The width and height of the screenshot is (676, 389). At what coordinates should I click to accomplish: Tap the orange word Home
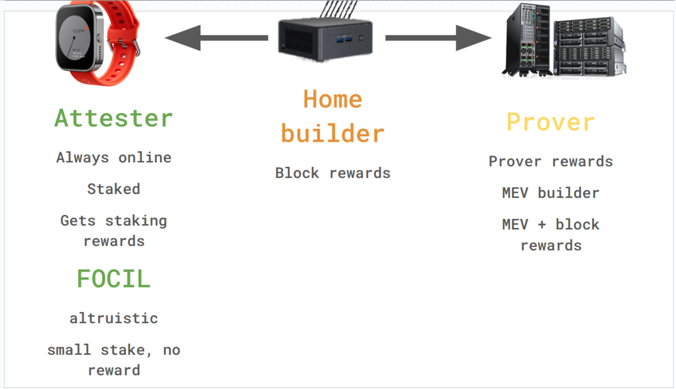(333, 99)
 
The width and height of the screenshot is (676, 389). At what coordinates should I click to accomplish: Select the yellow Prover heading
(551, 122)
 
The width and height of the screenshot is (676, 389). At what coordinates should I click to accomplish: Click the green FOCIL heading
(114, 279)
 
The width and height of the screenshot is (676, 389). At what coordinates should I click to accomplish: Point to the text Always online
(114, 157)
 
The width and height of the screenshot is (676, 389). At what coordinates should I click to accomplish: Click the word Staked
(114, 189)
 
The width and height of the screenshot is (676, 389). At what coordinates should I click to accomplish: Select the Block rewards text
(333, 173)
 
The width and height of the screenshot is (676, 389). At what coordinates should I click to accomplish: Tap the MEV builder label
(551, 193)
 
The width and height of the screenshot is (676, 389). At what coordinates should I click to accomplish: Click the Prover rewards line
(551, 161)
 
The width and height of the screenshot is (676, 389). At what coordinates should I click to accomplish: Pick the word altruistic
(114, 318)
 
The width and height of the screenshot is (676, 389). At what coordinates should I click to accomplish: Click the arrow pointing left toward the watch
(216, 38)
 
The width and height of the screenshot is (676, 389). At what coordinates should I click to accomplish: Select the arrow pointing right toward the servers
(439, 38)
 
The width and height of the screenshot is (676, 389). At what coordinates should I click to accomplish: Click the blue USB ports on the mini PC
(343, 39)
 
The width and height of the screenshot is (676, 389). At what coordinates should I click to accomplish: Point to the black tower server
(528, 40)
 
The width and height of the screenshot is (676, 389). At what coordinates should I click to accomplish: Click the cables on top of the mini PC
(338, 9)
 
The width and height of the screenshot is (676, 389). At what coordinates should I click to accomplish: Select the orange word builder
(333, 134)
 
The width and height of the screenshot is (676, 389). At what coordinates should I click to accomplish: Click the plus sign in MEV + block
(542, 225)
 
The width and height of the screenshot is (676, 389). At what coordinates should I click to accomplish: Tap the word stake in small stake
(123, 350)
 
